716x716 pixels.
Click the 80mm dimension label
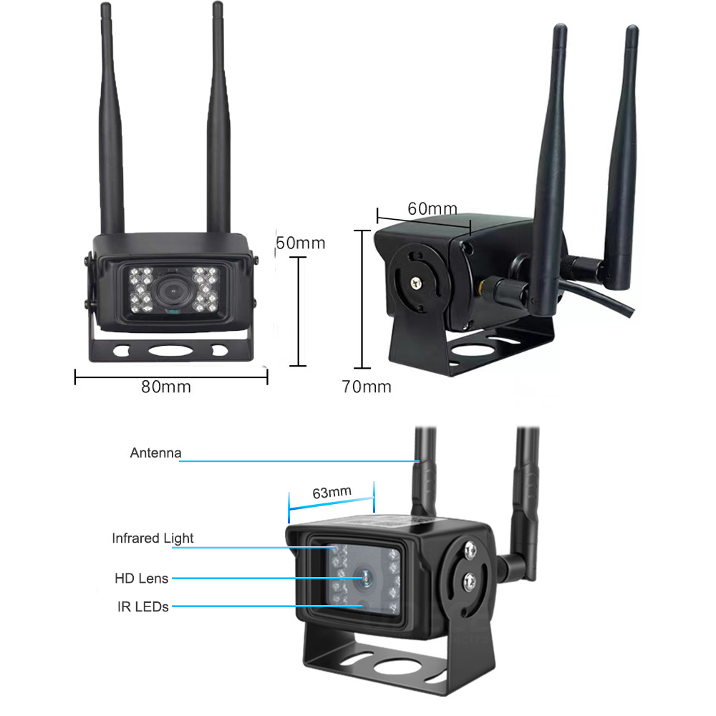[166, 387]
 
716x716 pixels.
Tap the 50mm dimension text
[301, 243]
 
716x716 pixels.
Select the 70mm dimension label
[367, 387]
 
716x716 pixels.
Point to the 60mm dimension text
[432, 208]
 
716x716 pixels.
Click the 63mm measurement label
[332, 492]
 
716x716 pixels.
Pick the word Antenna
[156, 453]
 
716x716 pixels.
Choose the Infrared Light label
[153, 538]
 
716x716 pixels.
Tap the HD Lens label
[141, 578]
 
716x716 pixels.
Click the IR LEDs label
[143, 606]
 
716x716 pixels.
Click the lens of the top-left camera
[172, 291]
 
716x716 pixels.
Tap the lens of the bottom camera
[362, 577]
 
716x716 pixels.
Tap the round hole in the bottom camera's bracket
[392, 664]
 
